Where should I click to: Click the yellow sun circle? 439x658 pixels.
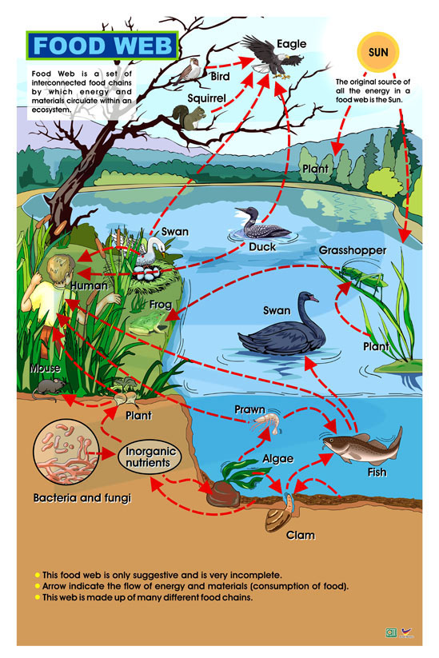pyautogui.click(x=378, y=52)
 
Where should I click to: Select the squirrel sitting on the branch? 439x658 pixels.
pyautogui.click(x=190, y=117)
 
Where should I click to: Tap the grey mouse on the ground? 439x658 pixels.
pyautogui.click(x=50, y=387)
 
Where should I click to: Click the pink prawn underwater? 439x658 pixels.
pyautogui.click(x=265, y=423)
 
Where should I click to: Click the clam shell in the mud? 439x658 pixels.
pyautogui.click(x=279, y=516)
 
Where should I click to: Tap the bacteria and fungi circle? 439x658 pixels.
pyautogui.click(x=66, y=452)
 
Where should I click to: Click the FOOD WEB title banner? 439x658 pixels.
pyautogui.click(x=103, y=46)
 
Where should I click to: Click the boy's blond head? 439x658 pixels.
pyautogui.click(x=60, y=267)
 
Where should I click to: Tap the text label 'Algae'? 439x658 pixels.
pyautogui.click(x=277, y=459)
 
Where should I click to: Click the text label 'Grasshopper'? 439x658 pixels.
pyautogui.click(x=353, y=250)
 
